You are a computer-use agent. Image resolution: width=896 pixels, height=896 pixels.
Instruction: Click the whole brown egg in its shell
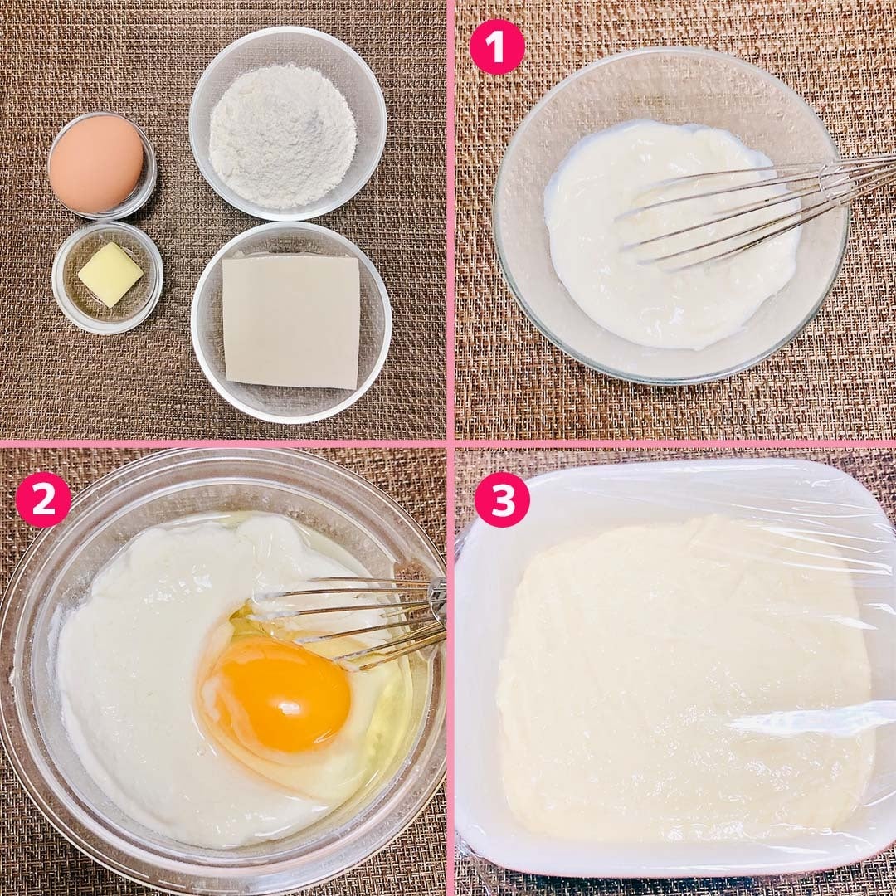(96, 163)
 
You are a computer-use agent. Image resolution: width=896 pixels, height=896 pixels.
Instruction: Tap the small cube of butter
(110, 274)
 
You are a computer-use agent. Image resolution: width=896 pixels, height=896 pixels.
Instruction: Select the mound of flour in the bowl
(282, 135)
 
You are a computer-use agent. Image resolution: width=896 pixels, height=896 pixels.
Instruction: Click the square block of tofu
(291, 321)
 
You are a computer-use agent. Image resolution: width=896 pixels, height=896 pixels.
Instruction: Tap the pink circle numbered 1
(497, 46)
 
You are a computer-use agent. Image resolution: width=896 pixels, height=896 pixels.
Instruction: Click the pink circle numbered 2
(43, 499)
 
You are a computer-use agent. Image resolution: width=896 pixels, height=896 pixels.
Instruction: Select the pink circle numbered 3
(502, 499)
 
